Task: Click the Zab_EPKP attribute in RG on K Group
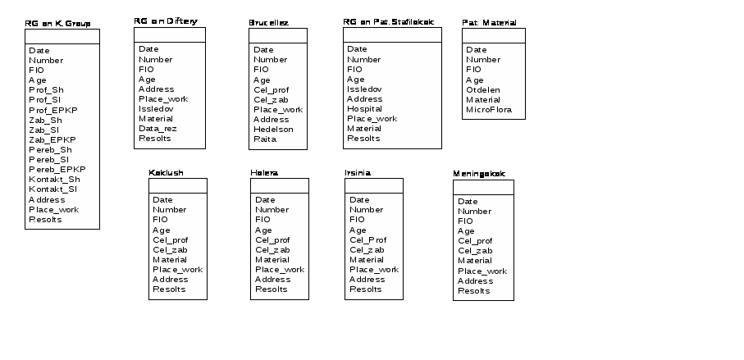coord(52,140)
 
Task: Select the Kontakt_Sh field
coord(54,180)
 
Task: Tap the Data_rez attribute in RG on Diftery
coord(157,129)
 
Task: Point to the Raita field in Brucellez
coord(265,139)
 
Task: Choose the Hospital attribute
coord(364,109)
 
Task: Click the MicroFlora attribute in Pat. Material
coord(490,110)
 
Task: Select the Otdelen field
coord(482,90)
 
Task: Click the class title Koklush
coord(166,173)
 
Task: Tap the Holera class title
coord(264,173)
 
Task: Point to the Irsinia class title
coord(358,173)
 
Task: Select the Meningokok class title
coord(479,174)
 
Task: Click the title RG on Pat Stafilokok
coord(388,21)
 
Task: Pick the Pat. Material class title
coord(489,22)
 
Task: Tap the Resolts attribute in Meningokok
coord(473,291)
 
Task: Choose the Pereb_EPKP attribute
coord(57,170)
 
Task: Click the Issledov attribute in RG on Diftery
coord(156,109)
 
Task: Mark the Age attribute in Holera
coord(263,230)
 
